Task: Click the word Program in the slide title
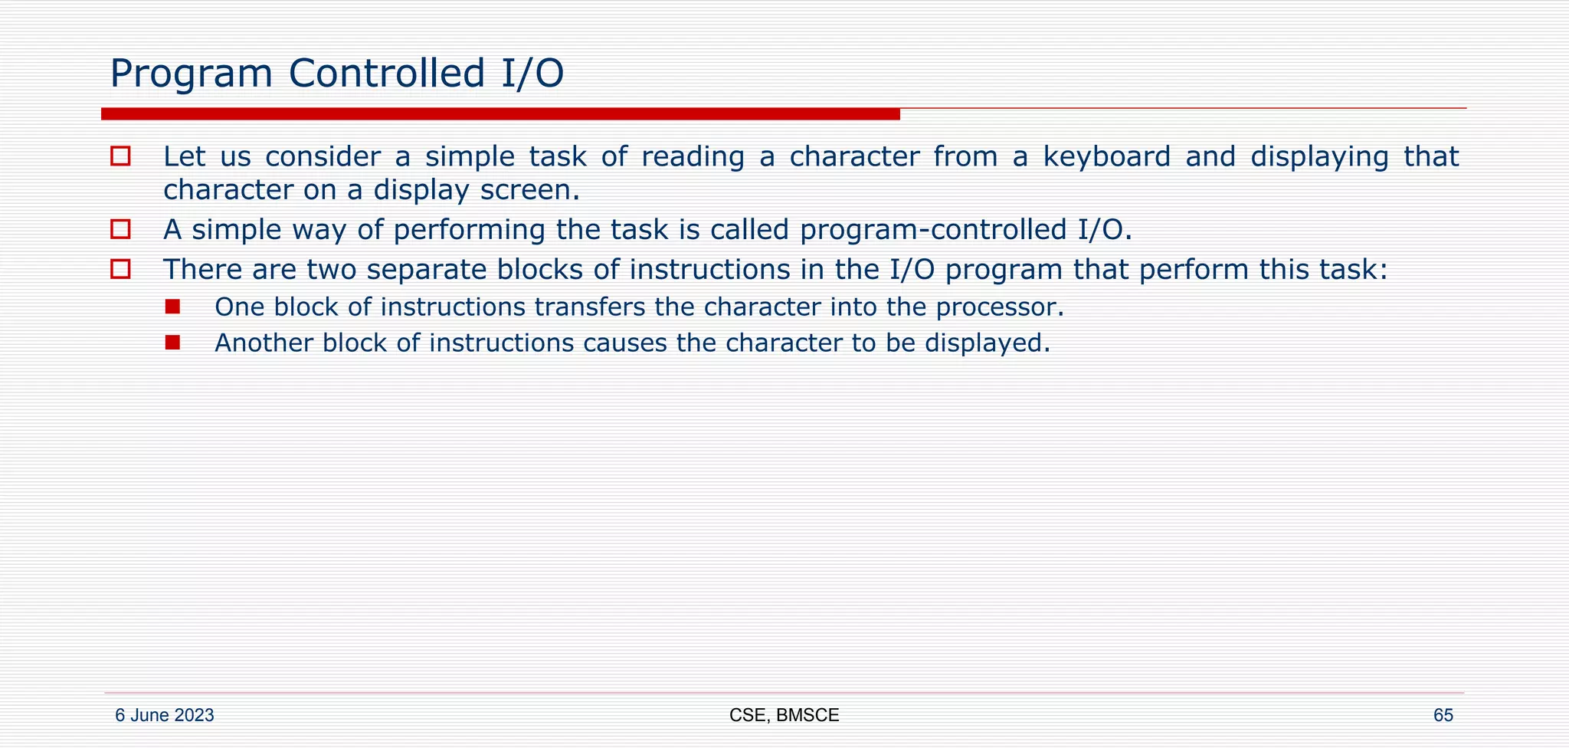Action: (x=191, y=74)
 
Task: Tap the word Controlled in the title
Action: (x=387, y=74)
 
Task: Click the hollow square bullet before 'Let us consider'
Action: (x=120, y=156)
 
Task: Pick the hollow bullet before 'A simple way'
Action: (x=120, y=229)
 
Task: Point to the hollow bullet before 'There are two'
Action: (x=120, y=269)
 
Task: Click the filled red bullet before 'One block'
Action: (x=172, y=307)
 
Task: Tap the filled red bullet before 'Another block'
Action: (x=172, y=342)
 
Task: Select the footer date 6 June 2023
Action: (x=164, y=715)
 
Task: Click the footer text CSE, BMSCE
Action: (x=784, y=715)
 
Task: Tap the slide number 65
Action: (x=1443, y=715)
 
